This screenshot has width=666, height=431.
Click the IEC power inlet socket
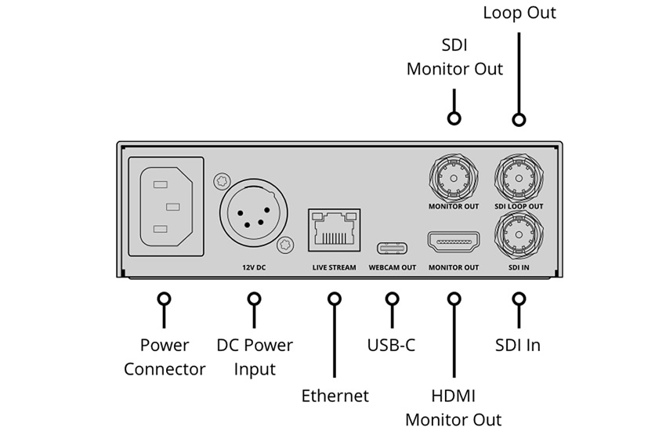[x=166, y=206]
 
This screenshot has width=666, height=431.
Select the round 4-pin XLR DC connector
[x=254, y=212]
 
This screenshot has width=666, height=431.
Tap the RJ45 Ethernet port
[x=335, y=230]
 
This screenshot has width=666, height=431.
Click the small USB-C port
[x=392, y=248]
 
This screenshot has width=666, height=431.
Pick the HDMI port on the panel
[x=454, y=241]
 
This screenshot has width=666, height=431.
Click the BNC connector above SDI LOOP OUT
[x=519, y=178]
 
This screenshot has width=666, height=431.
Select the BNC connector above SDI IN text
[x=519, y=235]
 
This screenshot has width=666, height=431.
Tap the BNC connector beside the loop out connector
[x=454, y=178]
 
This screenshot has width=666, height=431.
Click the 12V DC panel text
[x=254, y=267]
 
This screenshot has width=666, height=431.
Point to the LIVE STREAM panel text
[x=335, y=267]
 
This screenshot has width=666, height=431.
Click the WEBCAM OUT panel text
[x=392, y=267]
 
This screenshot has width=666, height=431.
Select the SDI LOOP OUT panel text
[x=519, y=206]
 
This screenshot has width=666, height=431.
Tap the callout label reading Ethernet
[x=335, y=396]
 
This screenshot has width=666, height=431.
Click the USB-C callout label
[x=391, y=345]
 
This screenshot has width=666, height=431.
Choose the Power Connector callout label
[x=165, y=357]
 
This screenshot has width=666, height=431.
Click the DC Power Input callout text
[x=255, y=357]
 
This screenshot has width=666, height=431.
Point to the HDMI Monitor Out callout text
[x=454, y=407]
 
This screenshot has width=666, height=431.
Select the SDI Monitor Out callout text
[x=454, y=57]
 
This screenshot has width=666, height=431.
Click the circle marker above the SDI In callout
[x=519, y=299]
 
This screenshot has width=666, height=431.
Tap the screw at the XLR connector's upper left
[x=222, y=181]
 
